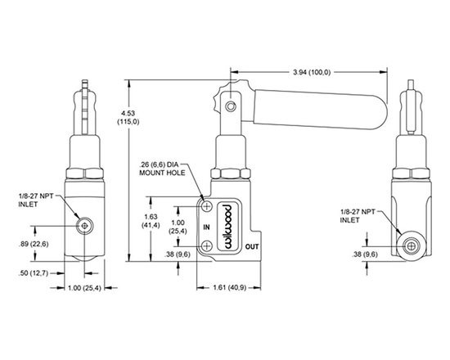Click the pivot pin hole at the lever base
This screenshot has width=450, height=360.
(232, 105)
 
